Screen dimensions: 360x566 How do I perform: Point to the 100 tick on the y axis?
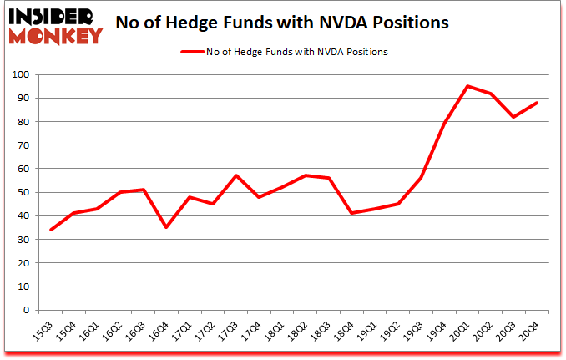[x=20, y=75]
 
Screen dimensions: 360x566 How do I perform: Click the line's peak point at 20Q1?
[x=467, y=86]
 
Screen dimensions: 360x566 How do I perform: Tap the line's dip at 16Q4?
[x=167, y=227]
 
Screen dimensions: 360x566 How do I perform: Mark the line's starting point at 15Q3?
[x=51, y=230]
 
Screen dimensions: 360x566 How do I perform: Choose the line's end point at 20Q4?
[x=536, y=103]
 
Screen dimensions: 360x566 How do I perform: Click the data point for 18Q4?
[x=351, y=213]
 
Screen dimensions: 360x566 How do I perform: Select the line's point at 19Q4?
[x=444, y=124]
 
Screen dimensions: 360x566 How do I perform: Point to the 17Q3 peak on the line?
[x=235, y=175]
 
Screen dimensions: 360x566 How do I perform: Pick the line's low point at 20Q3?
[x=513, y=117]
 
